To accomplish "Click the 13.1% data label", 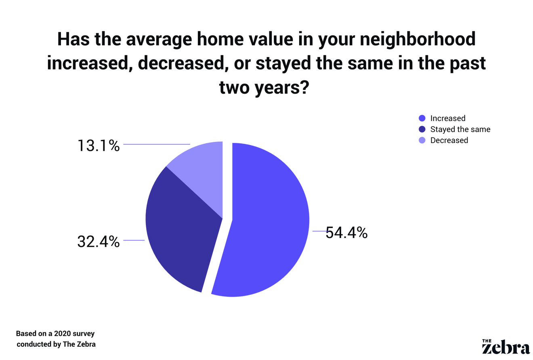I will pos(98,145).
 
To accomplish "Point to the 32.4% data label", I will pos(98,242).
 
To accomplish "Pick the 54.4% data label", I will pos(346,233).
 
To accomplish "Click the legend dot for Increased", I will pos(422,118).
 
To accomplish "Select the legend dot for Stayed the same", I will pos(422,129).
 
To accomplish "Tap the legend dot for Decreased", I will pos(422,140).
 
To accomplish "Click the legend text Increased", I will pos(448,118).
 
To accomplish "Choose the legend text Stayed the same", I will pos(460,129).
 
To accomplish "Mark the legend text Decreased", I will pos(449,140).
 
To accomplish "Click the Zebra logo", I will pos(506,346).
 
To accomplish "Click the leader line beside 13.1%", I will pos(157,144).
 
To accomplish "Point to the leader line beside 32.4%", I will pos(134,240).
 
